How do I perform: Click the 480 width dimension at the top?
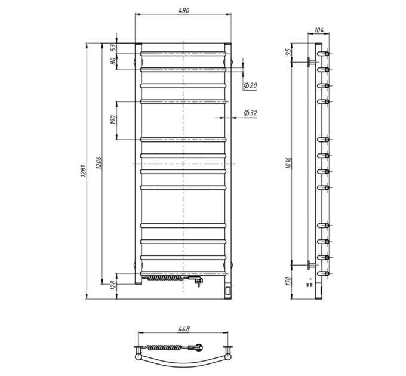[183, 10]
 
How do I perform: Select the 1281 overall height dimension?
[83, 171]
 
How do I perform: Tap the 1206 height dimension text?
[99, 163]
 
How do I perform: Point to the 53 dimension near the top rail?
[113, 48]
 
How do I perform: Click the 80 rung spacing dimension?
[113, 61]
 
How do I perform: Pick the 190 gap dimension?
[113, 120]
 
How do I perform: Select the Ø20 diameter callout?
[250, 85]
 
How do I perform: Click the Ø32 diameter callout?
[251, 113]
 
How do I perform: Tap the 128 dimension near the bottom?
[113, 285]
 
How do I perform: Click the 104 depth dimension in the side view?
[319, 30]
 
